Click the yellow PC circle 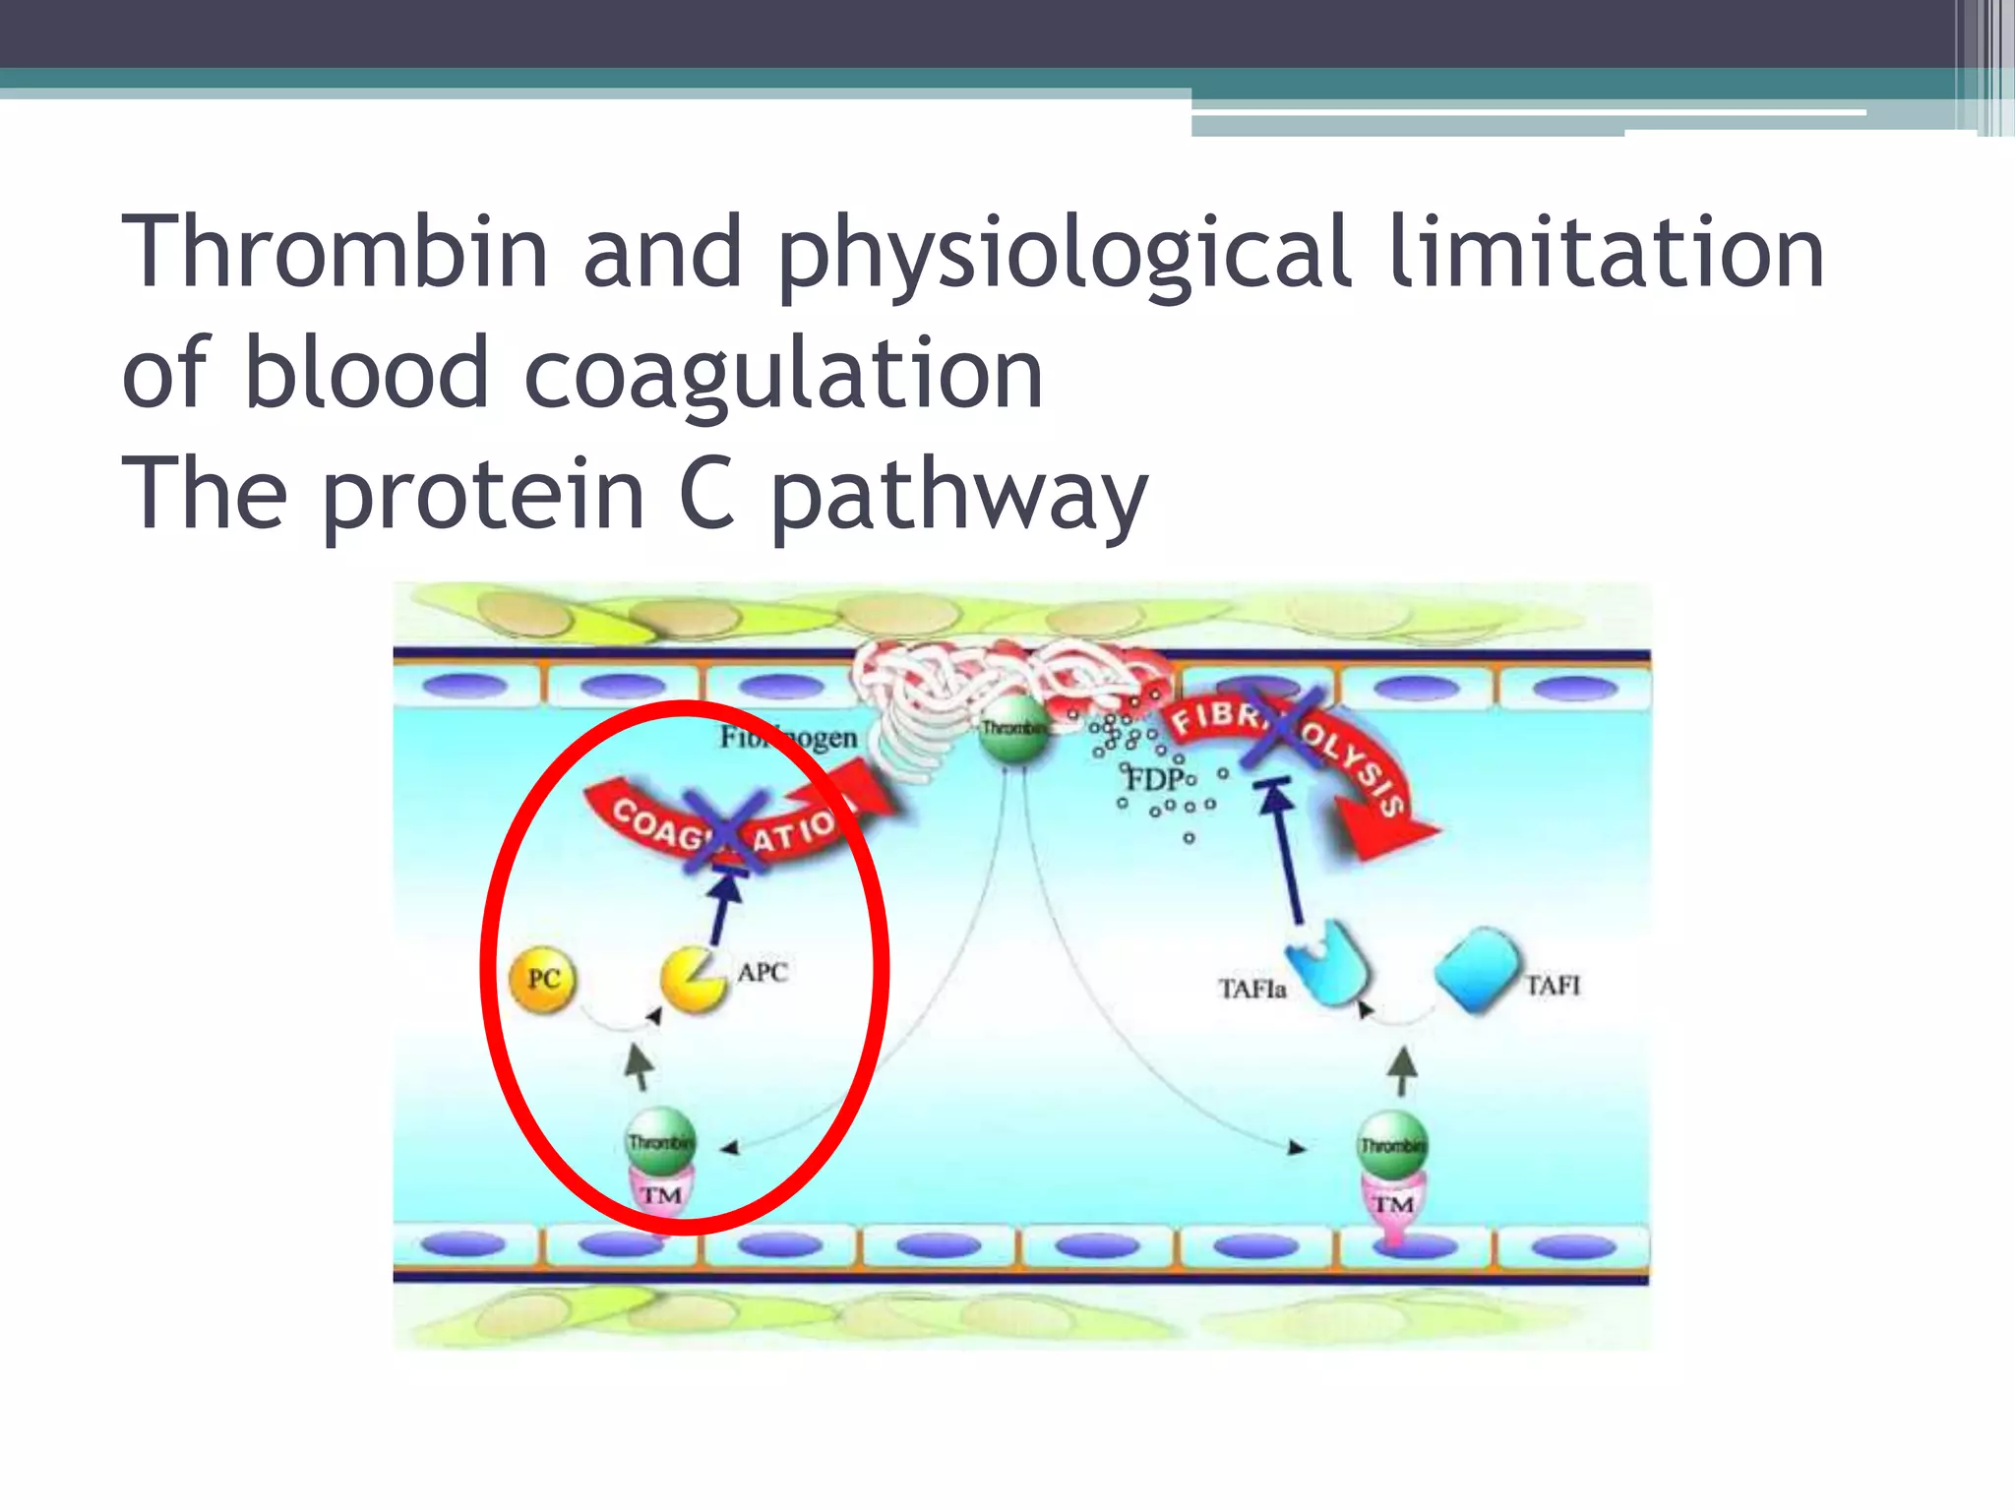tap(542, 978)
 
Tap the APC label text tap(763, 972)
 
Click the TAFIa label tap(1252, 988)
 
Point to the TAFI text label tap(1553, 985)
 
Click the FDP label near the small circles tap(1156, 780)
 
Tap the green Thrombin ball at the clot tap(1014, 731)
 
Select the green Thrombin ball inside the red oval tap(661, 1141)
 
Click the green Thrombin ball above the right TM tap(1392, 1144)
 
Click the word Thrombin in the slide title tap(335, 252)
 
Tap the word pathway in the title tap(958, 493)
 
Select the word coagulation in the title tap(783, 373)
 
